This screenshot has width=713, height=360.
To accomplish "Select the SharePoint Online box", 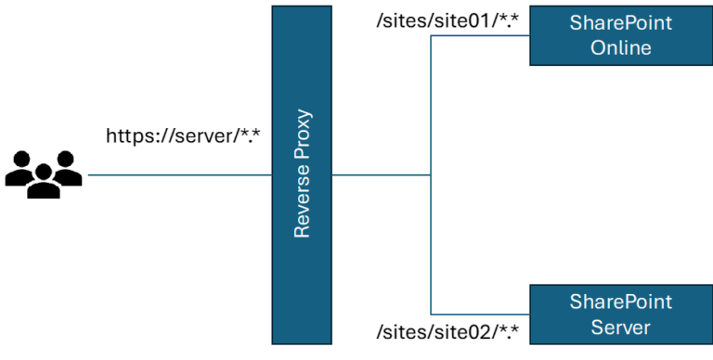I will (621, 35).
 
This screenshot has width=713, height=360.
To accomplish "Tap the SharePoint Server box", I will (621, 315).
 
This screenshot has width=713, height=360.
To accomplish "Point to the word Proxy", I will (302, 137).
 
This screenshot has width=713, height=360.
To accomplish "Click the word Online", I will (621, 47).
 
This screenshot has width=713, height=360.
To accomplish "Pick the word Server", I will (621, 327).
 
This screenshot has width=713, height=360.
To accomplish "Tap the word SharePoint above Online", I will (621, 23).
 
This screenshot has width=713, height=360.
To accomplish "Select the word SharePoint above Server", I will (621, 302).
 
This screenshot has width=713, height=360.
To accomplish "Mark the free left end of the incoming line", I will (88, 174).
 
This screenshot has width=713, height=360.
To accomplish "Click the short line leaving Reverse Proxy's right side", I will (381, 174).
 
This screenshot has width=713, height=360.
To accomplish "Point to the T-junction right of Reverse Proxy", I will (431, 174).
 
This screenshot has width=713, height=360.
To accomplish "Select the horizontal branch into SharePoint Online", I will (480, 36).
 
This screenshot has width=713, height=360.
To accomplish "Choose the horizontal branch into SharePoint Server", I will (480, 314).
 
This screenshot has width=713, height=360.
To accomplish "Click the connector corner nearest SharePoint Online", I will (431, 36).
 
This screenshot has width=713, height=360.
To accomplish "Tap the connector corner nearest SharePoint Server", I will (431, 314).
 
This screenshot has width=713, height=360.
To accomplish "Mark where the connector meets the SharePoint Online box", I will (529, 36).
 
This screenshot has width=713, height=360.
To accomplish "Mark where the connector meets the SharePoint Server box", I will (529, 314).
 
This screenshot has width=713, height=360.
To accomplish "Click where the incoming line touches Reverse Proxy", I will (272, 174).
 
